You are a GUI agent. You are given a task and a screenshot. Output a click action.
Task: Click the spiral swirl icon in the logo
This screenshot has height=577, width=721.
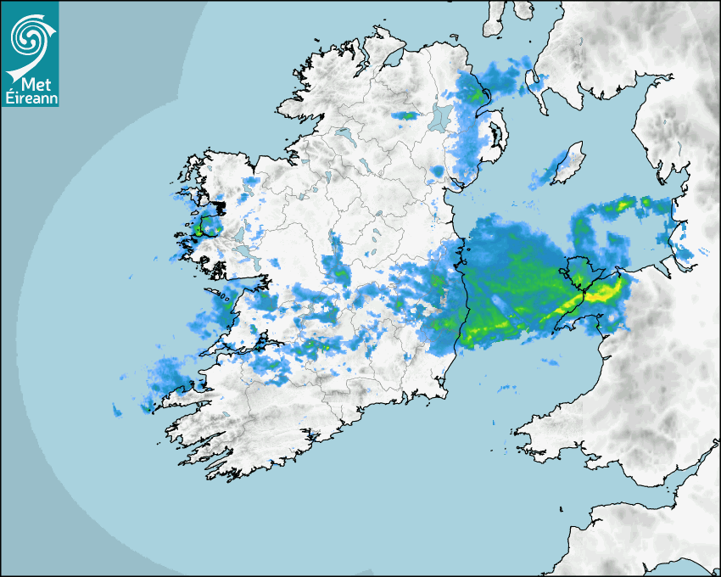point(28,36)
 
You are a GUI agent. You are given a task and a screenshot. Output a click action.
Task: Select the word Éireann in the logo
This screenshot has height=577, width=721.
point(29,98)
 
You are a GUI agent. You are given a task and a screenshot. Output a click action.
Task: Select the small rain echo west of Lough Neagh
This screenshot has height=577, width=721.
point(408,115)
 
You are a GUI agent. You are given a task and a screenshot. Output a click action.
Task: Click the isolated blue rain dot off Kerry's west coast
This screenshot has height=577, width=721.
point(116,412)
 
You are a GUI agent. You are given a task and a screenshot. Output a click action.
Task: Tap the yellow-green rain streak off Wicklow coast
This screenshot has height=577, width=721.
point(483,327)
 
